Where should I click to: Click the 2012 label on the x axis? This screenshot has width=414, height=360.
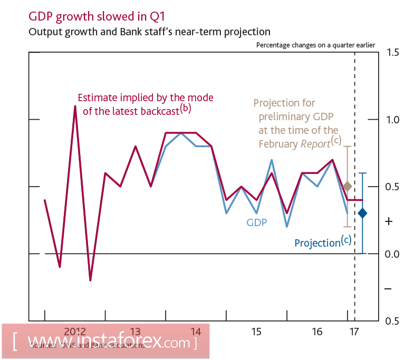75,332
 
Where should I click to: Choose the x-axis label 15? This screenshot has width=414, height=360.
256,332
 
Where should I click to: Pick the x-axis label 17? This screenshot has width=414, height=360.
353,332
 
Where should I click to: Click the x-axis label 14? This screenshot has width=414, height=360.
196,332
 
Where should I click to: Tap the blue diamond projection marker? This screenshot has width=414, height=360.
362,213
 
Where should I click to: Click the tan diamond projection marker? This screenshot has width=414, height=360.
347,186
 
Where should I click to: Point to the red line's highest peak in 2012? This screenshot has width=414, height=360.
75,106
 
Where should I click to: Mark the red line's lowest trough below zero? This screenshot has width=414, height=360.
90,280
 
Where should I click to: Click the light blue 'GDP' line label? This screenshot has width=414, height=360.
256,222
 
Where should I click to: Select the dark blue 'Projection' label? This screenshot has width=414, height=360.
317,243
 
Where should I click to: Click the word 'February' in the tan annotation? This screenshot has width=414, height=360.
278,144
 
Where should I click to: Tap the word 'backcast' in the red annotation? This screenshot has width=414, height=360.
160,111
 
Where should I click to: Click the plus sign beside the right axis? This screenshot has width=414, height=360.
389,221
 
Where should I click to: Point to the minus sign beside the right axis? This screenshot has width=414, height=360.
388,289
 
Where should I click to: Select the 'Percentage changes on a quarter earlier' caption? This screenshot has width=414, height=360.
315,45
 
